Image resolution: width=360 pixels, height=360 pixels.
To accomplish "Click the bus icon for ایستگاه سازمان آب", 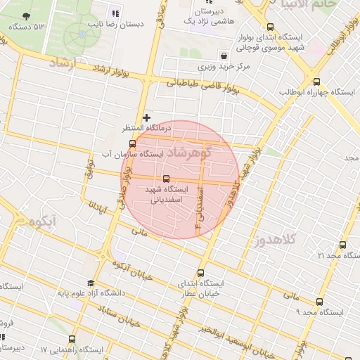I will coord(132,143).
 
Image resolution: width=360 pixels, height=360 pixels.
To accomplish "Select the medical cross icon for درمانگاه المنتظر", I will coord(146,117).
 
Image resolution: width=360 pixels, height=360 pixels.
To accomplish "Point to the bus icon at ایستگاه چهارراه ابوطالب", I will coord(316,82).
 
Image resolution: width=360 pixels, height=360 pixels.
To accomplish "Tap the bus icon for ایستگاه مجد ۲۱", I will coord(342,245).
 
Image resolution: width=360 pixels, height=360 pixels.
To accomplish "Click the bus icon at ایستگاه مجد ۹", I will coord(320,302).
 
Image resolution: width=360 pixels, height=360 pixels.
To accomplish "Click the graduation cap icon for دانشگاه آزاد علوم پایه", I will coord(91,283).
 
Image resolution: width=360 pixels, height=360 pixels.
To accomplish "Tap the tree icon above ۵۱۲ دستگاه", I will coord(26,16).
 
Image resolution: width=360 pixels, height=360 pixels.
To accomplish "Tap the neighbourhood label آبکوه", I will coord(43,223).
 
